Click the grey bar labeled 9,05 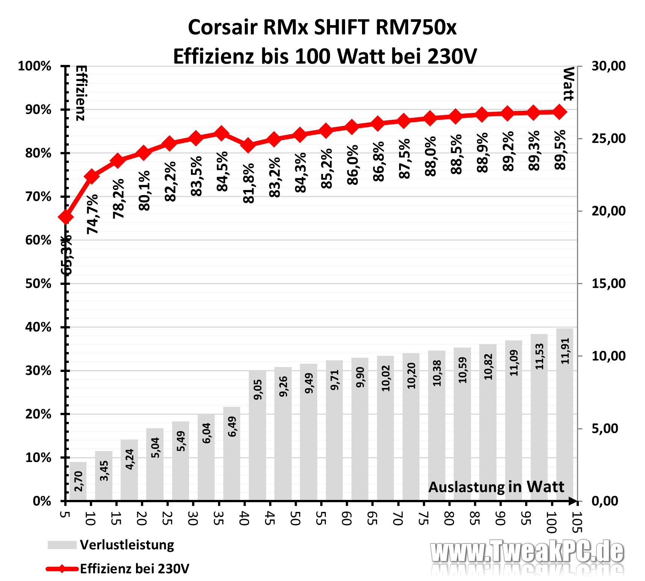tap(257, 435)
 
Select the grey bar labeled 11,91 tap(565, 414)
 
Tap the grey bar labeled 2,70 tap(78, 481)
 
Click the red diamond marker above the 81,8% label tap(248, 145)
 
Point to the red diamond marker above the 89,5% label tap(559, 112)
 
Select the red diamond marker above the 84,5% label tap(221, 133)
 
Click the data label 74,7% tap(92, 214)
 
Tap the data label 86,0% tap(353, 165)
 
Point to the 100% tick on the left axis tap(35, 66)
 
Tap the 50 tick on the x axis tap(295, 518)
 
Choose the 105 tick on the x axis tap(577, 522)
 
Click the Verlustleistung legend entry tap(127, 545)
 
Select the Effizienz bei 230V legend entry tap(134, 569)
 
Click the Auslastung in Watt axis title tap(496, 487)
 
